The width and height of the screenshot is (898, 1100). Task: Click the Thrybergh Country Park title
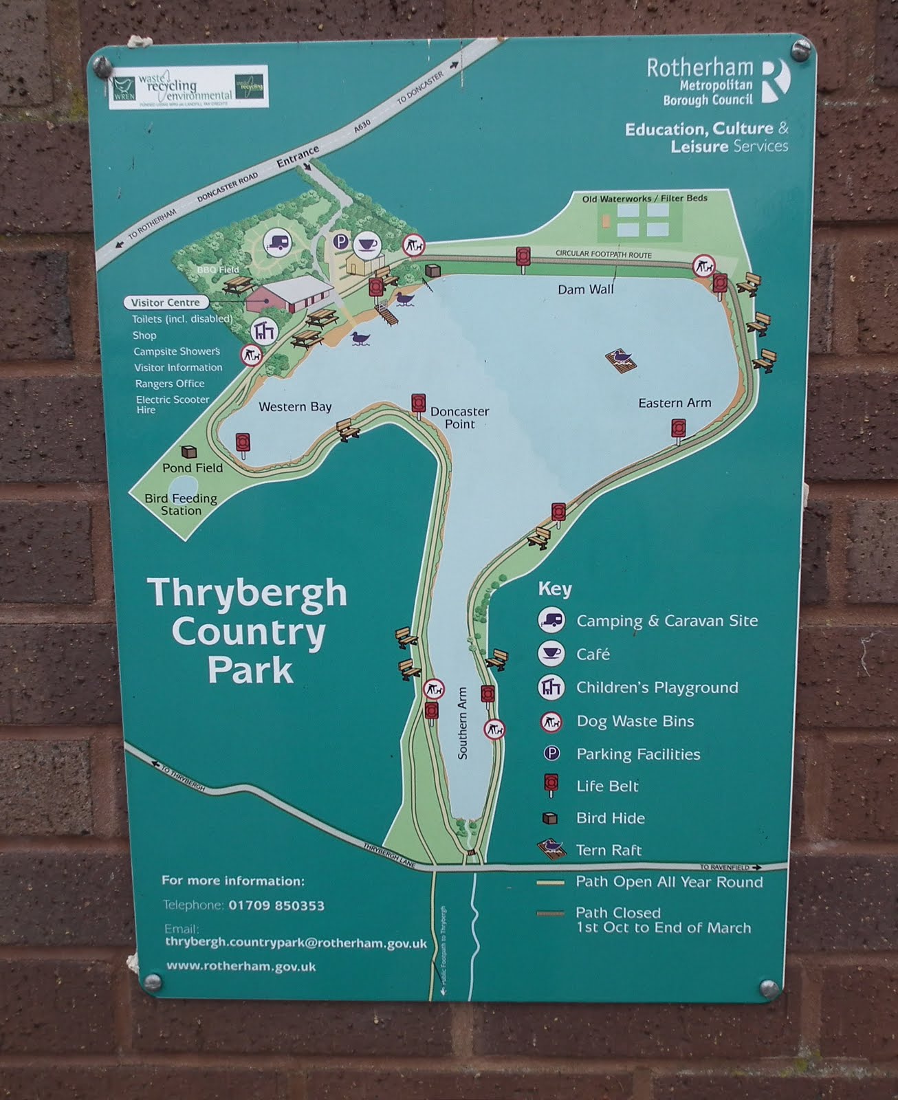[x=247, y=630]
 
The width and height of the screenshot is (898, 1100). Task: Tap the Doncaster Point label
[x=459, y=417]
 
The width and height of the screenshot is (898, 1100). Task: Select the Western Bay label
[x=295, y=406]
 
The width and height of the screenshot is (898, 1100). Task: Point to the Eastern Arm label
[x=674, y=403]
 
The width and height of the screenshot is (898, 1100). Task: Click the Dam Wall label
[x=585, y=289]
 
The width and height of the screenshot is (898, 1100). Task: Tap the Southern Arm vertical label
[x=462, y=723]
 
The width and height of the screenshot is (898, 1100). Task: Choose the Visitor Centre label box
[x=166, y=302]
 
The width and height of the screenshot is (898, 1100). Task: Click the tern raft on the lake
[x=622, y=359]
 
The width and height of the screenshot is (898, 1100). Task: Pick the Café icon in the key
[x=551, y=653]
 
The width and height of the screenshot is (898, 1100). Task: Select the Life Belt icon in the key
[x=551, y=784]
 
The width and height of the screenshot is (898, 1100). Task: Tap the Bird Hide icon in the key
[x=550, y=818]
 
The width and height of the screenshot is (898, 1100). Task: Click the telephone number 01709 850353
[x=276, y=905]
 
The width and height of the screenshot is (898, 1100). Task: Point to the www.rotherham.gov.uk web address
[x=241, y=966]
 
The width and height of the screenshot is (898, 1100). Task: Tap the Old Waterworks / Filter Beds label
[x=644, y=199]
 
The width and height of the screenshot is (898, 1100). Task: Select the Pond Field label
[x=193, y=467]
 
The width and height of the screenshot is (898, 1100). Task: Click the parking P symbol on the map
[x=340, y=241]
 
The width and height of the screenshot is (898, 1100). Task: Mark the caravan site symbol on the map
[x=277, y=243]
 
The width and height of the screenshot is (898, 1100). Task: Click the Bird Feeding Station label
[x=181, y=504]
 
